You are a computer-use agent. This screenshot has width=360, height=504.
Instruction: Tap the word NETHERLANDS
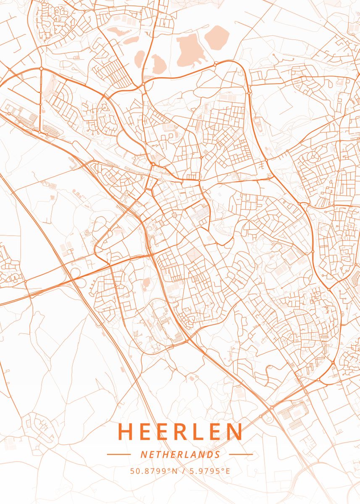pyautogui.click(x=180, y=454)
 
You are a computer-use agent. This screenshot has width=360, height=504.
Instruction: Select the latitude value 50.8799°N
pyautogui.click(x=154, y=471)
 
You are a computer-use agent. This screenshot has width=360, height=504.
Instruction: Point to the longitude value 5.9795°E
pyautogui.click(x=210, y=471)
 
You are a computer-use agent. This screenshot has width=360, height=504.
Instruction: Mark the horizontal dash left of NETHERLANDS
pyautogui.click(x=119, y=454)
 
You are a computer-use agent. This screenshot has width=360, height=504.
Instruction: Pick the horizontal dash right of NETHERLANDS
pyautogui.click(x=241, y=454)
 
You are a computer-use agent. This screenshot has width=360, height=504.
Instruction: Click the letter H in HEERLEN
pyautogui.click(x=126, y=432)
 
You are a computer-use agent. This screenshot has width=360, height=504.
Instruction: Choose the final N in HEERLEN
pyautogui.click(x=235, y=432)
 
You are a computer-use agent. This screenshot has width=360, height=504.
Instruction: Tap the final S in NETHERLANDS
pyautogui.click(x=217, y=454)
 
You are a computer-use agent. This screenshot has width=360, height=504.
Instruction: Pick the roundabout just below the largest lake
pyautogui.click(x=215, y=65)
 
